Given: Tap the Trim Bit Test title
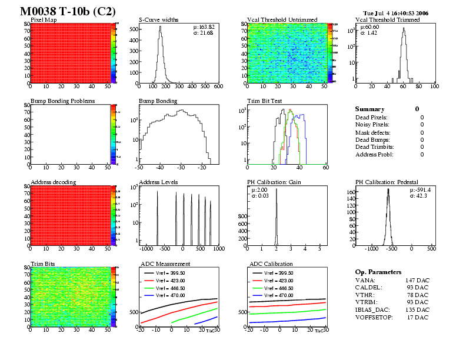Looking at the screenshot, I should coord(264,101).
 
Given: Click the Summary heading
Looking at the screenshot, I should coord(370,109).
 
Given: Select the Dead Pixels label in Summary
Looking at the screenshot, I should coord(372,117).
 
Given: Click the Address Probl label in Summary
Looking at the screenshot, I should coord(374,154).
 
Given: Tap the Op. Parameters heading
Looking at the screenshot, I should coord(378,272).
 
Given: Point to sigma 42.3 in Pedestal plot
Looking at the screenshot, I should coord(420,196).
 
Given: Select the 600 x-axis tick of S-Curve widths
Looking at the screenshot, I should coord(217,86).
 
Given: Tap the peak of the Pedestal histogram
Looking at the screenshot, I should coord(388,189).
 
